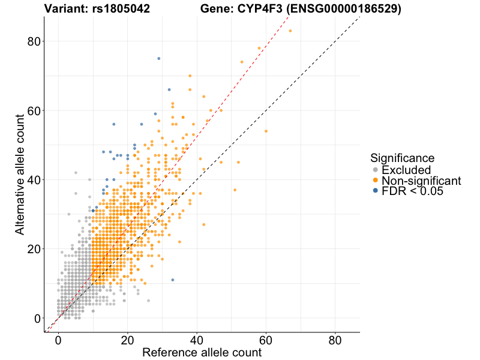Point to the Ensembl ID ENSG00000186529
pos(342,8)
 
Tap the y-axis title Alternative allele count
pos(20,174)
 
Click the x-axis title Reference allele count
pos(202,352)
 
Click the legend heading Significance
pos(402,158)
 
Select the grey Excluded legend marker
pos(376,170)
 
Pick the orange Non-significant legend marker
pos(376,181)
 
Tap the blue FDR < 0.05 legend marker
pos(376,191)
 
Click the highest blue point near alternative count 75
pos(158,59)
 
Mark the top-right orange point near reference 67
pos(290,31)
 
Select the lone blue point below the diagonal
pos(173,280)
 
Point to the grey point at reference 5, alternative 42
pos(76,173)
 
